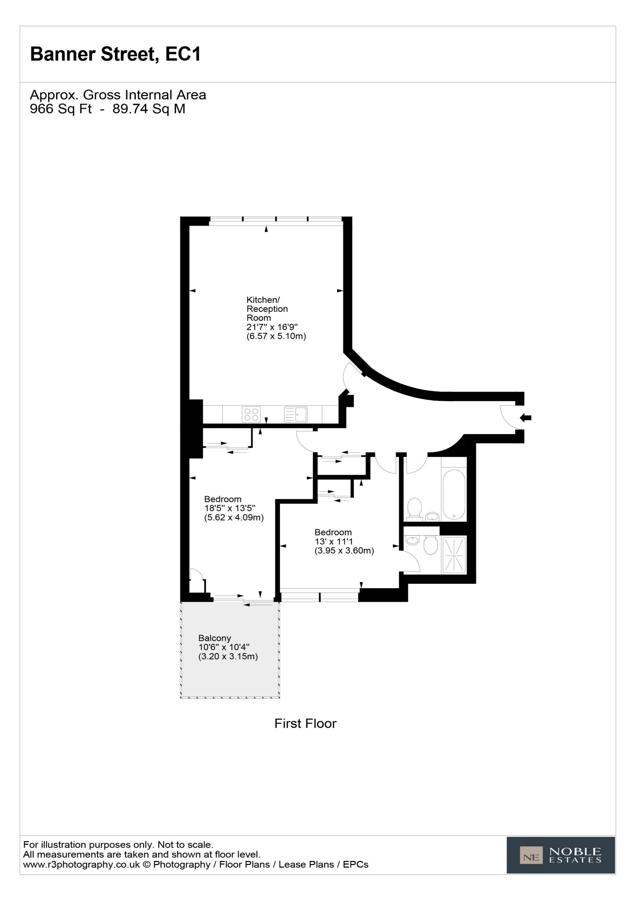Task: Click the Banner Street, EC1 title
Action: (116, 54)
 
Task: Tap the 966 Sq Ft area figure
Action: (61, 109)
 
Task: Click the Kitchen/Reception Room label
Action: (267, 309)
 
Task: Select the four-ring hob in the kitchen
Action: (251, 414)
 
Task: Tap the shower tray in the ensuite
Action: (455, 555)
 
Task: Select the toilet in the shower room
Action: (431, 545)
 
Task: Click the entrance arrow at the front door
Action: (525, 418)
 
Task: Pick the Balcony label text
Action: (214, 638)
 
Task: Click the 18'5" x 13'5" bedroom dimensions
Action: (230, 508)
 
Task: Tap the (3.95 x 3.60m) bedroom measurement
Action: (344, 550)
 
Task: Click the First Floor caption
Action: (306, 723)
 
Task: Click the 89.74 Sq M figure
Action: (149, 109)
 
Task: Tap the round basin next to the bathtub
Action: (432, 516)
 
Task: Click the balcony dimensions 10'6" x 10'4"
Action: (224, 647)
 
